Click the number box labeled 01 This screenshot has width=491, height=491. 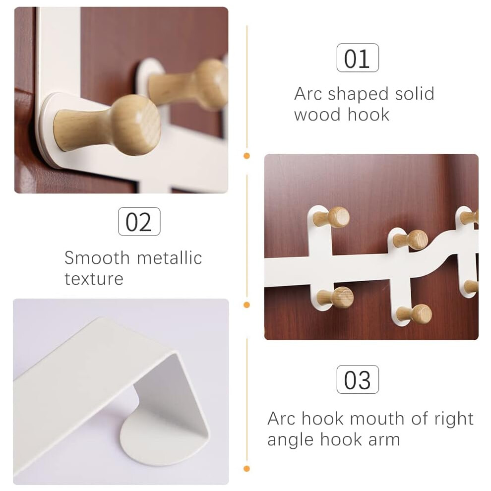tap(358, 58)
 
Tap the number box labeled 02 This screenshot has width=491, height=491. tap(139, 221)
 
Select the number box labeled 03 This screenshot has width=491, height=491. tap(358, 379)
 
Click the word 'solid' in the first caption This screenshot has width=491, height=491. tap(415, 94)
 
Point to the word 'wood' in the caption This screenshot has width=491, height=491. tap(317, 115)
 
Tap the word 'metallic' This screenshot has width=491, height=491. tap(170, 258)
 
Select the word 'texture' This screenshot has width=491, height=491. tap(94, 279)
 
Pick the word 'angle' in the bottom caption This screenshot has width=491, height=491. tap(291, 439)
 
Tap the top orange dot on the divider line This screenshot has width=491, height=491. tap(247, 156)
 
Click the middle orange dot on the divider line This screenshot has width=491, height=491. tap(247, 305)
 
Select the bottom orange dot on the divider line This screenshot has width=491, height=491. tap(247, 469)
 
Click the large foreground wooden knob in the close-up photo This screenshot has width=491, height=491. tap(109, 125)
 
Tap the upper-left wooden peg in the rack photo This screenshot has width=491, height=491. tap(332, 217)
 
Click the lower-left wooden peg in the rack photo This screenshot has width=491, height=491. tap(335, 297)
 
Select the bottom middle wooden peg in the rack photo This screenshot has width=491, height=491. tap(414, 314)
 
